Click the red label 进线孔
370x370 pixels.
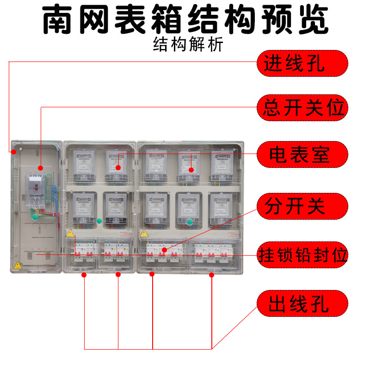pyautogui.click(x=302, y=63)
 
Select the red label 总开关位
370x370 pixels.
pyautogui.click(x=302, y=108)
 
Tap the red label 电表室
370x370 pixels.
pyautogui.click(x=302, y=154)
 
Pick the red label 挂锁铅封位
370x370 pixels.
pyautogui.click(x=302, y=255)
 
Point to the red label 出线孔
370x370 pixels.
pyautogui.click(x=302, y=303)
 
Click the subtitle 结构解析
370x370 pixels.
pyautogui.click(x=188, y=45)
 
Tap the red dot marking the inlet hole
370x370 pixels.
pyautogui.click(x=14, y=151)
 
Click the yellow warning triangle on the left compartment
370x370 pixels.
pyautogui.click(x=18, y=265)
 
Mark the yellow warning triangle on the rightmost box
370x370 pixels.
pyautogui.click(x=144, y=234)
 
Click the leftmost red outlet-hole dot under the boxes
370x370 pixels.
pyautogui.click(x=84, y=275)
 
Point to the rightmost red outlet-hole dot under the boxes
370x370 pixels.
pyautogui.click(x=212, y=275)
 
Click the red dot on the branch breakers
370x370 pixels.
pyautogui.click(x=163, y=250)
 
